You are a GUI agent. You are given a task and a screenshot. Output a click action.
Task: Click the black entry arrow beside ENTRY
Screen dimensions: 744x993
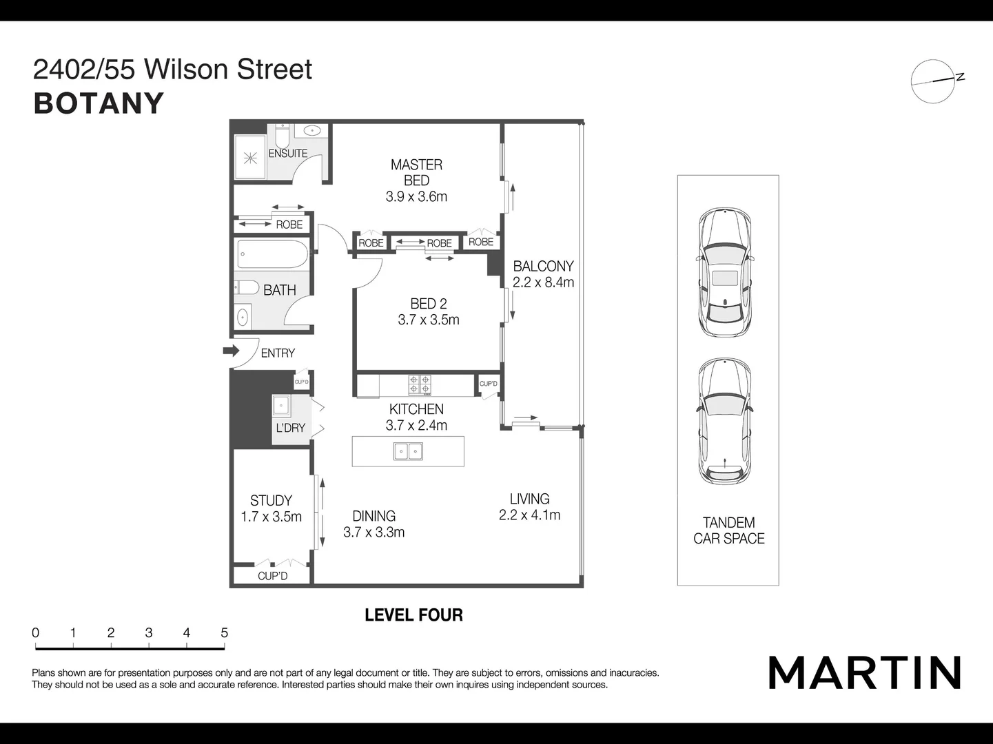pyautogui.click(x=230, y=351)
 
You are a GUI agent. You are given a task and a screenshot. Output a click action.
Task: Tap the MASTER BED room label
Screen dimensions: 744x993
pyautogui.click(x=416, y=172)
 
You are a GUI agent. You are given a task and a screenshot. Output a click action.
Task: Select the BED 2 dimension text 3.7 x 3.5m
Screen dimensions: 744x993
pyautogui.click(x=428, y=320)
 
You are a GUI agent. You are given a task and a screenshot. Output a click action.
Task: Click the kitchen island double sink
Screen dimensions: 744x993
pyautogui.click(x=408, y=451)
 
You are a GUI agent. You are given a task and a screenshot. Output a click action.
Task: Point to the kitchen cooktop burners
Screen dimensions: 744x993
pyautogui.click(x=420, y=384)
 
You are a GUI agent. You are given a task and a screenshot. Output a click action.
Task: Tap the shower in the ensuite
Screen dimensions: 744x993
pyautogui.click(x=250, y=158)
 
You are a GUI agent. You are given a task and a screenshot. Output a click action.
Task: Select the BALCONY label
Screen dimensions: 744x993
pyautogui.click(x=543, y=266)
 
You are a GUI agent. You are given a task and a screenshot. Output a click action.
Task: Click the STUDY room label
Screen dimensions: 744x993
pyautogui.click(x=271, y=501)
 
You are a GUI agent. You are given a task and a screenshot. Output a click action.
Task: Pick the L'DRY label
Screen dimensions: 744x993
pyautogui.click(x=290, y=428)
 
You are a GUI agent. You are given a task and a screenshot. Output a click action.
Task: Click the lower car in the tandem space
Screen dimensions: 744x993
pyautogui.click(x=725, y=421)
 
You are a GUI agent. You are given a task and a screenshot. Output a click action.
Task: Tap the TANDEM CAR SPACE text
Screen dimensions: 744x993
pyautogui.click(x=728, y=530)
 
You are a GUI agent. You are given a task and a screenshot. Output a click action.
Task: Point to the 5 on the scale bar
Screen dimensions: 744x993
pyautogui.click(x=224, y=632)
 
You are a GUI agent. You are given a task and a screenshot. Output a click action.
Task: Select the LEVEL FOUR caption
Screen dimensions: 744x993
pyautogui.click(x=413, y=615)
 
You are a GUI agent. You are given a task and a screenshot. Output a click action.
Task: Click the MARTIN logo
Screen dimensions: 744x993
pyautogui.click(x=864, y=672)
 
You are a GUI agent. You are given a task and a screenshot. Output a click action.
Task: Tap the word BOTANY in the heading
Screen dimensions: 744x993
pyautogui.click(x=99, y=103)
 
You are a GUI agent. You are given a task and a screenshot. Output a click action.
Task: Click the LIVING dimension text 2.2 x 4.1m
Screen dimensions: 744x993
pyautogui.click(x=529, y=515)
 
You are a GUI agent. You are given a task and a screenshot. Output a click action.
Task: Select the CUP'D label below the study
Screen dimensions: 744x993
pyautogui.click(x=272, y=576)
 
